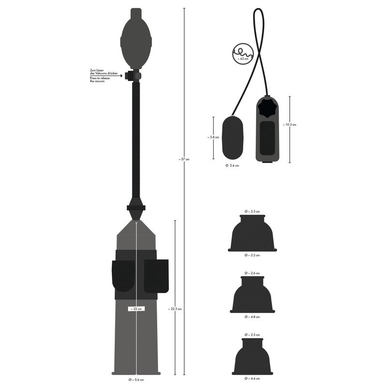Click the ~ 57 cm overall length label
tap(184, 160)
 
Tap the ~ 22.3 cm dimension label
tap(175, 309)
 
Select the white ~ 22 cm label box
tap(136, 309)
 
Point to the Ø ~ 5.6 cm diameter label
tap(136, 380)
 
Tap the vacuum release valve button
tap(128, 75)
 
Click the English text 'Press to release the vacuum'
tap(100, 79)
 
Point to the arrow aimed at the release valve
tap(106, 75)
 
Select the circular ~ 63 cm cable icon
tap(243, 54)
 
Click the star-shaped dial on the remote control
tap(267, 109)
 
